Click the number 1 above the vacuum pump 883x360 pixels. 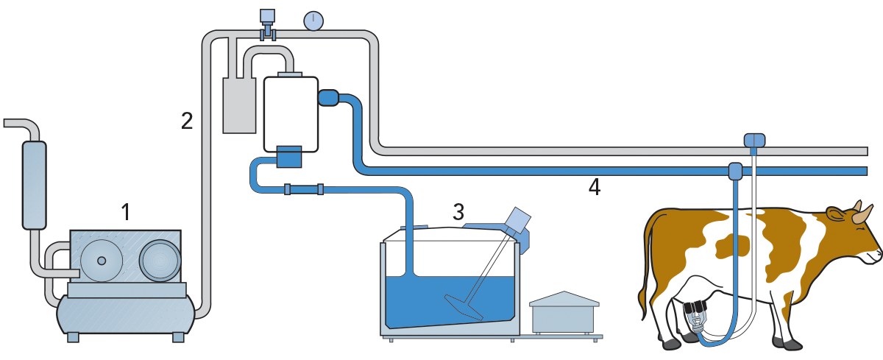point(125,213)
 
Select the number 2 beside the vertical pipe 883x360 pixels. point(188,120)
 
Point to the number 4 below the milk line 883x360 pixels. point(594,187)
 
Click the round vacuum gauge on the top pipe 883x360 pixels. point(313,21)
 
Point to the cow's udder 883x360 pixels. point(696,294)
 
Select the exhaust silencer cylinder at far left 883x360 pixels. point(34,184)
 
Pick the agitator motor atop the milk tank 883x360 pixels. point(519,220)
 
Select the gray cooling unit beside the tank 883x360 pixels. point(563,313)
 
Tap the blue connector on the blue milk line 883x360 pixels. point(735,171)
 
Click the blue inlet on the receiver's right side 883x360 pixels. point(327,97)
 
